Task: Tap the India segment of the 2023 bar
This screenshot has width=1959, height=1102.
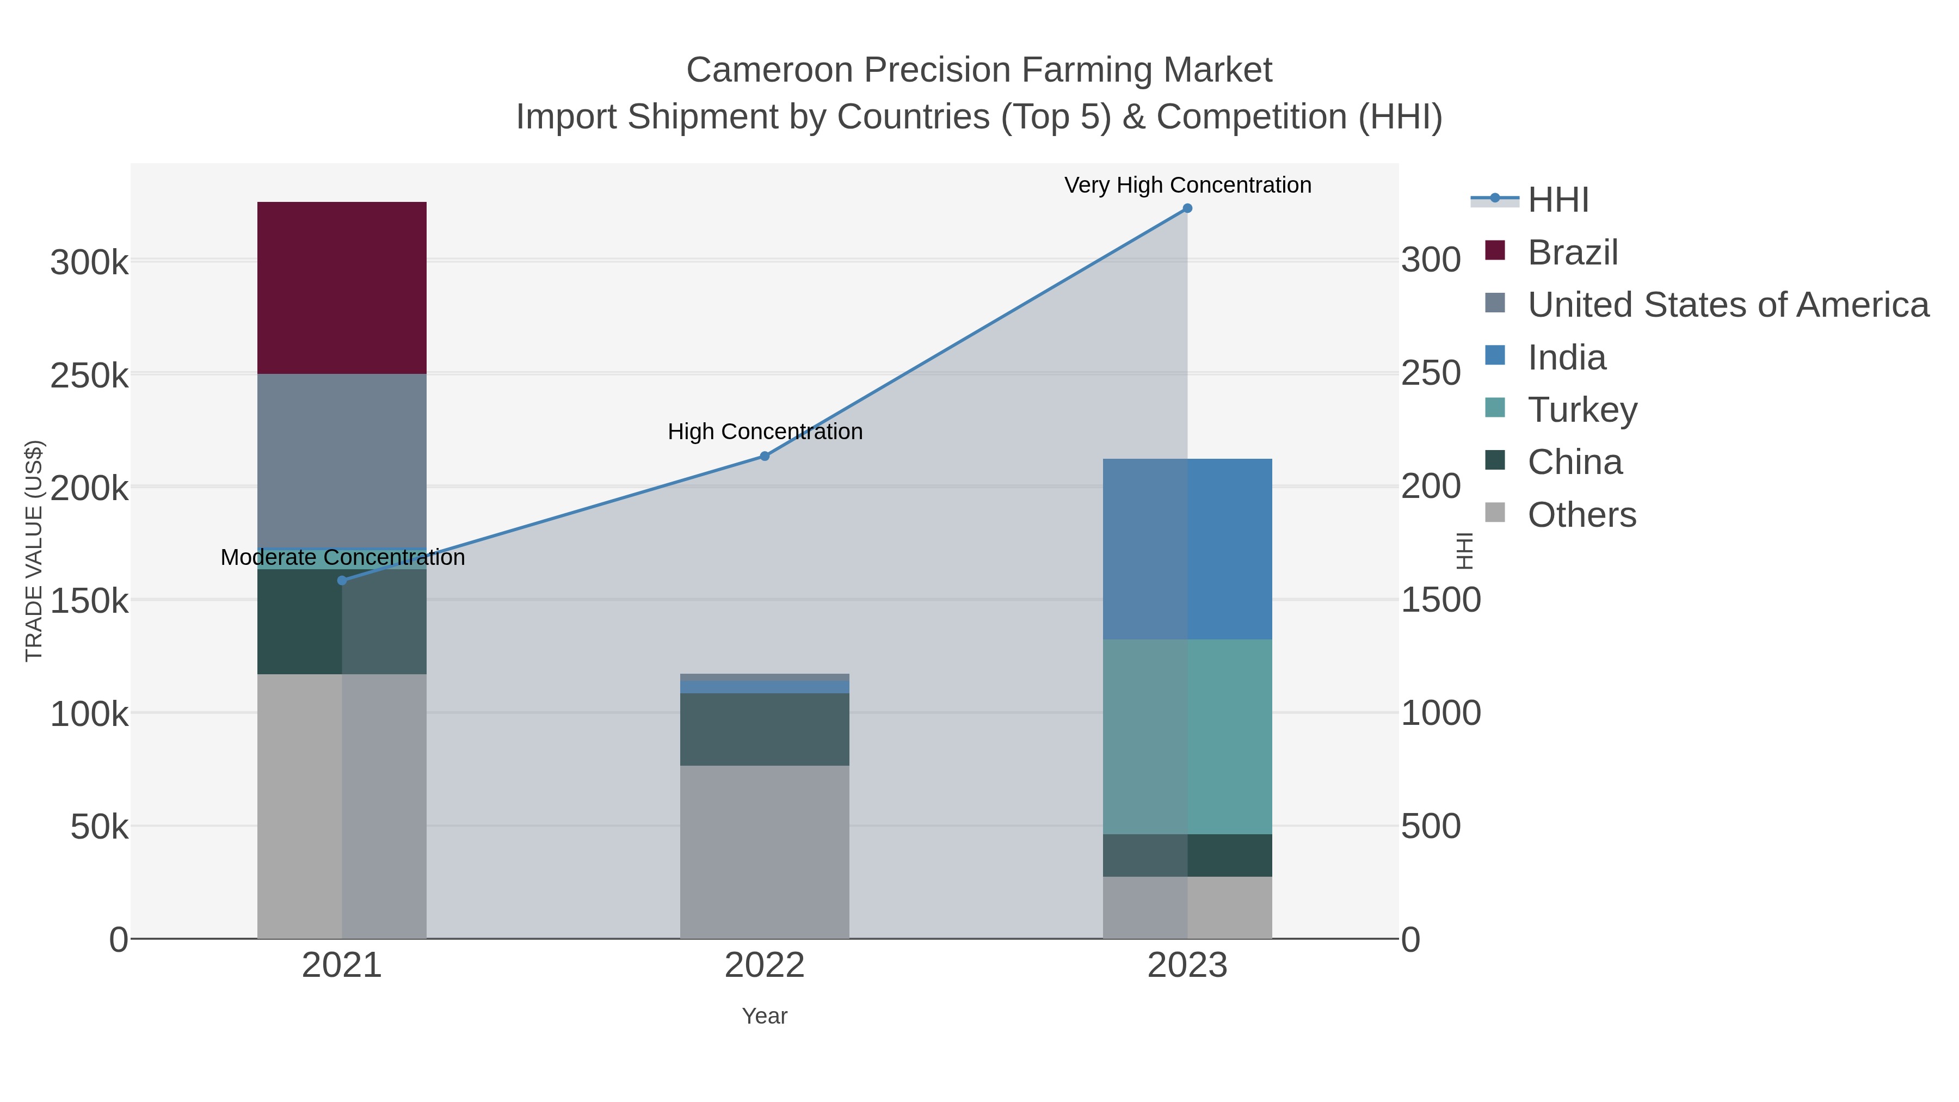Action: click(1187, 549)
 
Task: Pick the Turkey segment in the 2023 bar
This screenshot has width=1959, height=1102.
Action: click(1187, 736)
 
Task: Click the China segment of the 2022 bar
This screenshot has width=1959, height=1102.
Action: click(765, 729)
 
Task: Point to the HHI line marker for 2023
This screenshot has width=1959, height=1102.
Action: click(1187, 208)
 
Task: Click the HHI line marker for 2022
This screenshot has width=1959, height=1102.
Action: click(765, 457)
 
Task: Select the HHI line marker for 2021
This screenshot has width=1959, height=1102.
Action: click(342, 580)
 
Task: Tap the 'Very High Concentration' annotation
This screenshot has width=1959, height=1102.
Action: click(1187, 185)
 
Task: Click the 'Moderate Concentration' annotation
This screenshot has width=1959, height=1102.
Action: click(342, 557)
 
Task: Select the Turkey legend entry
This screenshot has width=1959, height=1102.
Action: click(1582, 410)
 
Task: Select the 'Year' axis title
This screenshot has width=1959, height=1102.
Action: click(765, 1016)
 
